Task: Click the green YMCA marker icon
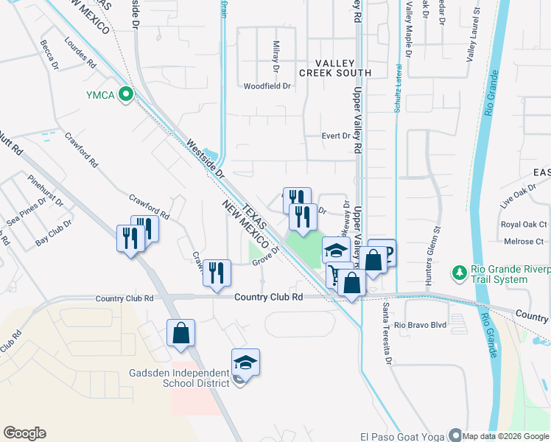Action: point(126,94)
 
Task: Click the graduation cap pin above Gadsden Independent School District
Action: point(245,362)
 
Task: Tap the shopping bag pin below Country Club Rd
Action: point(180,334)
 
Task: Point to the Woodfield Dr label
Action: point(267,86)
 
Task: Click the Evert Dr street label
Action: point(335,136)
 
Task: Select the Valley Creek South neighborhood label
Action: point(335,69)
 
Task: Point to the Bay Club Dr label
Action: point(54,232)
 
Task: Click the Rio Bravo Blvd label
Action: point(421,325)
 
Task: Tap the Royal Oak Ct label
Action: point(524,225)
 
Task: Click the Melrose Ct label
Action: point(523,241)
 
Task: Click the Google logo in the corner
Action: point(24,433)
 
